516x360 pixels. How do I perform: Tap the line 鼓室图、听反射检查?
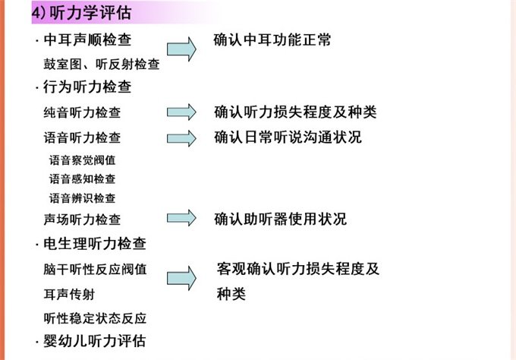[x=102, y=65]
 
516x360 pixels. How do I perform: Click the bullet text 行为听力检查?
[x=88, y=87]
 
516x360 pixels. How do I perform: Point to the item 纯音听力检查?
[x=82, y=113]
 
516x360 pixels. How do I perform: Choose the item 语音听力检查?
[x=82, y=138]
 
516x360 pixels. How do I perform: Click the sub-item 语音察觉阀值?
[x=82, y=160]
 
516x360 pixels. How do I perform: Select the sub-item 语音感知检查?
[x=82, y=179]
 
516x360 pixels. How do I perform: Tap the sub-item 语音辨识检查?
[x=82, y=198]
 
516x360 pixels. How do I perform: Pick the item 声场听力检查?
[x=82, y=219]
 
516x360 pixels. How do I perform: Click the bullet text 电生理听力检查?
[x=96, y=244]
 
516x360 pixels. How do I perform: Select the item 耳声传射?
[x=70, y=293]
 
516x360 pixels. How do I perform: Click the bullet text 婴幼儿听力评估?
[x=96, y=340]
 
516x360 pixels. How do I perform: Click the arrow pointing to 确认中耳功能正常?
[x=182, y=49]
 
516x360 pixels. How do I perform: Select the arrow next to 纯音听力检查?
[x=182, y=112]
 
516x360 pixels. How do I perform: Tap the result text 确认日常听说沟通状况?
[x=288, y=137]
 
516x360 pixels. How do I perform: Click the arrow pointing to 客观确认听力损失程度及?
[x=182, y=279]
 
